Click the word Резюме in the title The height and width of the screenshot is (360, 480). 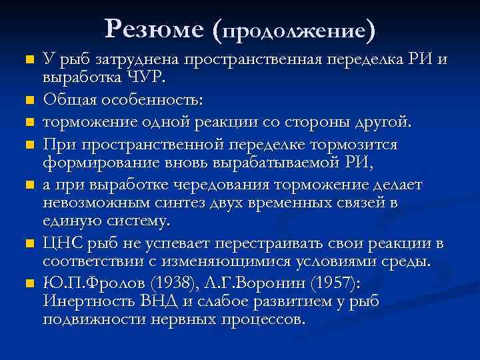[154, 28]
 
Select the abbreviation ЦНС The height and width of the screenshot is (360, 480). [63, 243]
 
